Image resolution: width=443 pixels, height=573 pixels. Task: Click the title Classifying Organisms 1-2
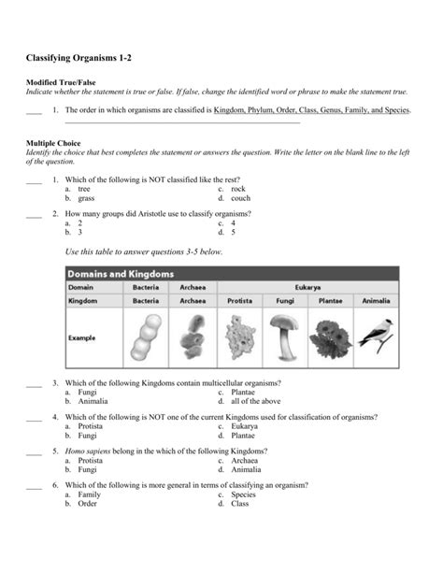click(79, 59)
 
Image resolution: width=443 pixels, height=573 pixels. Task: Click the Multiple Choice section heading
click(57, 143)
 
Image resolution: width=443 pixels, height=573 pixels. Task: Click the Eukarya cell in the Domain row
click(307, 288)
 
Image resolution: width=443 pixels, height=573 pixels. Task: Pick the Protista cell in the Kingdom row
click(239, 302)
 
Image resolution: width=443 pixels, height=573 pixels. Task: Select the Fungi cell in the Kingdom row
click(285, 302)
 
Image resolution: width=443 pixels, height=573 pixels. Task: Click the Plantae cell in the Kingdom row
click(330, 302)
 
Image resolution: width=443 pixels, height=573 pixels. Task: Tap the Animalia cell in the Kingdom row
click(376, 302)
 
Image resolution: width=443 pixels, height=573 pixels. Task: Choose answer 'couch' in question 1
click(240, 198)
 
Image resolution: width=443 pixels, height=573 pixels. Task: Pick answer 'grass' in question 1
click(86, 198)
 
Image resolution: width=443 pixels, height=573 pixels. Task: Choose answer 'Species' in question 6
click(243, 494)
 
